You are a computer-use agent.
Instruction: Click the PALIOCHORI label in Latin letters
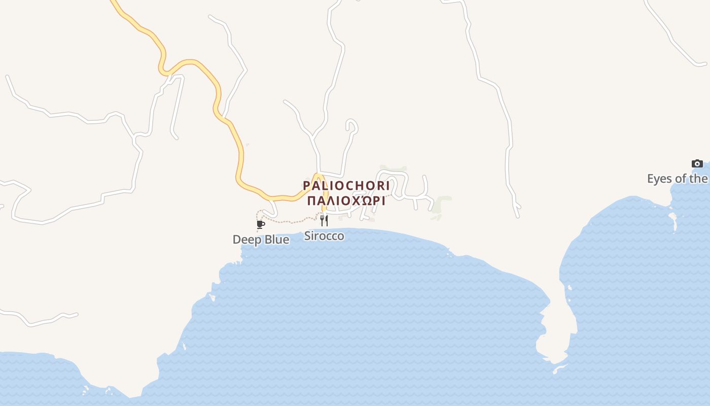[346, 185]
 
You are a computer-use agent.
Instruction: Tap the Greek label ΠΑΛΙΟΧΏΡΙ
[346, 200]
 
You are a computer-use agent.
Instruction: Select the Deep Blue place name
[261, 240]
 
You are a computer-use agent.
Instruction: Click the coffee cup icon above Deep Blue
[261, 224]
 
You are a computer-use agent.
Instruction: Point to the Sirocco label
[324, 236]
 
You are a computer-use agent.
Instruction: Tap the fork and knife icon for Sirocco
[324, 220]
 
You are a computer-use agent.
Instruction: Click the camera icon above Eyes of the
[697, 163]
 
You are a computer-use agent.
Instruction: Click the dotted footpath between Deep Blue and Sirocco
[289, 222]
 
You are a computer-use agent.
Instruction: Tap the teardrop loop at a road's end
[352, 125]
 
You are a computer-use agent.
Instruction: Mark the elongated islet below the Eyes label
[673, 220]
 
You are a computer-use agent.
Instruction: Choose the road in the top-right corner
[669, 36]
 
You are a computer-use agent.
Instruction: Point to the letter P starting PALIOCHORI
[306, 185]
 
